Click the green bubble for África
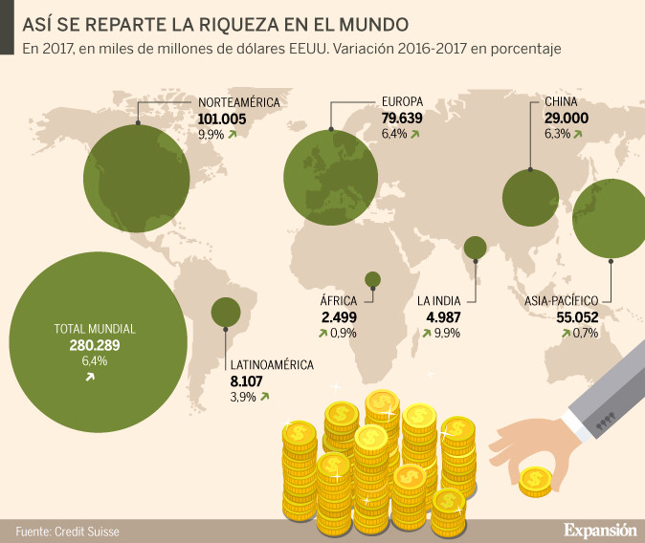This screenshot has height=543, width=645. (x=372, y=279)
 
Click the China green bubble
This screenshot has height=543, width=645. (x=530, y=198)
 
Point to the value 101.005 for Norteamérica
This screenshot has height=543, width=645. (x=222, y=119)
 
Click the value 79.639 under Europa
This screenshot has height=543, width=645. (x=402, y=119)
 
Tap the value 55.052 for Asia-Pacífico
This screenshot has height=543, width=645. (x=584, y=317)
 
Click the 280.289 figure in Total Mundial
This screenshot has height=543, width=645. (x=94, y=345)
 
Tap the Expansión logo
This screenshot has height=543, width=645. (x=599, y=528)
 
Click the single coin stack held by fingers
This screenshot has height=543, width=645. (x=536, y=480)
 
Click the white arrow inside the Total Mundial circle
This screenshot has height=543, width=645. (x=90, y=378)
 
